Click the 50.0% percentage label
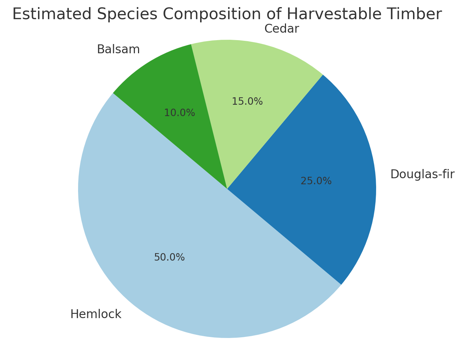pos(169,257)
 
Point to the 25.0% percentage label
pos(316,181)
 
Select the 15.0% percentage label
pos(247,102)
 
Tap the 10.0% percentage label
pos(179,113)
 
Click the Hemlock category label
pos(96,314)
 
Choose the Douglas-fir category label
pos(422,174)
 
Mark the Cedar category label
pos(282,29)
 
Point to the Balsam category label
pos(118,50)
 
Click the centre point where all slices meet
pos(227,189)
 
